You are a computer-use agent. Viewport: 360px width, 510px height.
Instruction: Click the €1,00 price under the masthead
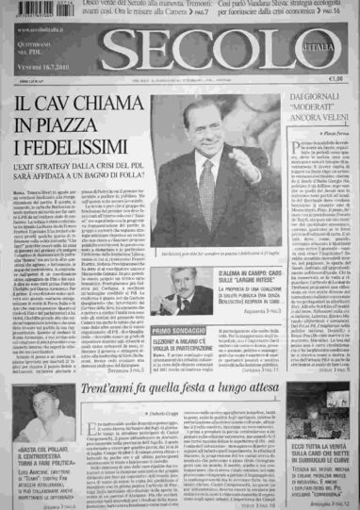pyautogui.click(x=335, y=79)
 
